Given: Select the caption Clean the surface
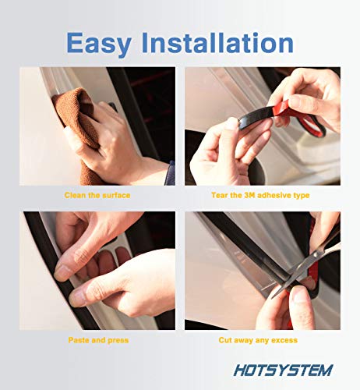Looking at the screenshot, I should (x=97, y=194).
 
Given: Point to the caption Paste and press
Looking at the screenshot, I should (x=97, y=340).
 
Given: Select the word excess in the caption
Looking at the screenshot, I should (x=285, y=340).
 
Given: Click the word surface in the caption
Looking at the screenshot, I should (x=115, y=194).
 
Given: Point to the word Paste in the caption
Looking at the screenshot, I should (x=76, y=340).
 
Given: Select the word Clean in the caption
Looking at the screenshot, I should (x=75, y=194).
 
